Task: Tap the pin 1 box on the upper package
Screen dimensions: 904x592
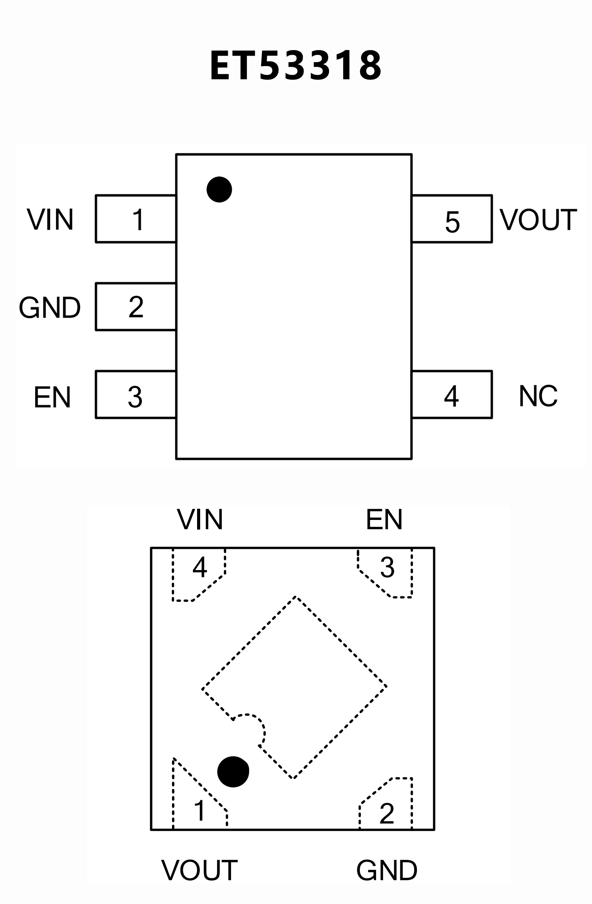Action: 136,219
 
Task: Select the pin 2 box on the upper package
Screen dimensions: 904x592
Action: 136,307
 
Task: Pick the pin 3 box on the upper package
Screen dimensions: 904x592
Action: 136,395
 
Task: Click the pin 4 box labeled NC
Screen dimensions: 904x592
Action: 452,395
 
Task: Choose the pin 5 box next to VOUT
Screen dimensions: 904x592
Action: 452,219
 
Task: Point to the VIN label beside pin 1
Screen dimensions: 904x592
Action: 50,220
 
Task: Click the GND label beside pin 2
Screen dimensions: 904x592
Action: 50,308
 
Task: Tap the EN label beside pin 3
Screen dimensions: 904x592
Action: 52,397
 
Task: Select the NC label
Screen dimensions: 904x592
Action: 538,396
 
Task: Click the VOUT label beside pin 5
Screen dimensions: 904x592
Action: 538,220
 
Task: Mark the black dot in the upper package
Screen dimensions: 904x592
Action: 219,190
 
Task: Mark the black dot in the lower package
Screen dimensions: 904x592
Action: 233,771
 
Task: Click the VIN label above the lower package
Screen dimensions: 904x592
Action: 200,520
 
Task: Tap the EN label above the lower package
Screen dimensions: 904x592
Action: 384,520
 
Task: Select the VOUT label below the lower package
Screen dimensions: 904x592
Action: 199,870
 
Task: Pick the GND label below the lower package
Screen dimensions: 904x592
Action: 387,870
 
